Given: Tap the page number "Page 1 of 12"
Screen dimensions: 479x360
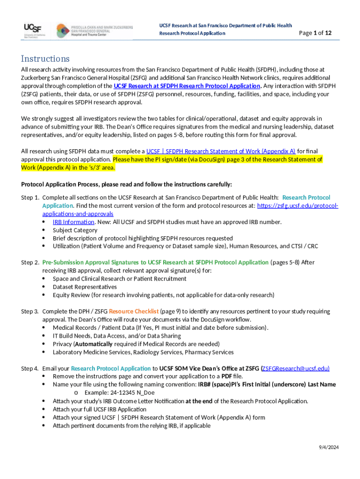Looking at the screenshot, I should tap(316, 33).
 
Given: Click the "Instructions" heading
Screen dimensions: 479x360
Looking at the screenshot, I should tap(45, 59).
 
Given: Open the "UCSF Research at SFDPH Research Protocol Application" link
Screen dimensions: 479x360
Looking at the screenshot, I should tap(187, 86).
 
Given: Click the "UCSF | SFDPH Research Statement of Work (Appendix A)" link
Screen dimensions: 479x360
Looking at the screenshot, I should tap(221, 151).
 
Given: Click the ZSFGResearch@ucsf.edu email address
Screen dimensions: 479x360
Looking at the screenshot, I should tap(295, 369).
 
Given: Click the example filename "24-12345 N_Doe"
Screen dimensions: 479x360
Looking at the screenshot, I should tap(126, 393).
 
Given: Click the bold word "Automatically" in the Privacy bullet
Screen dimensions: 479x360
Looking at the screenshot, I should tap(97, 344).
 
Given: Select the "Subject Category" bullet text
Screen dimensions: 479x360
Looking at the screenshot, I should tap(75, 230).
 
